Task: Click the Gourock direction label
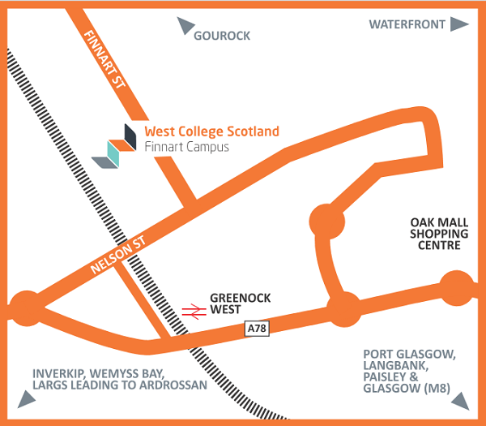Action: [x=222, y=36]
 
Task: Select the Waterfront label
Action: [x=407, y=24]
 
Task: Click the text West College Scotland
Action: [x=211, y=131]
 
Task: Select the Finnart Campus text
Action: [x=186, y=147]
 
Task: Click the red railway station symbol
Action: [x=193, y=309]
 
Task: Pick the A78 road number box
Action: [x=256, y=328]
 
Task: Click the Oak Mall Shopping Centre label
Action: [x=435, y=233]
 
